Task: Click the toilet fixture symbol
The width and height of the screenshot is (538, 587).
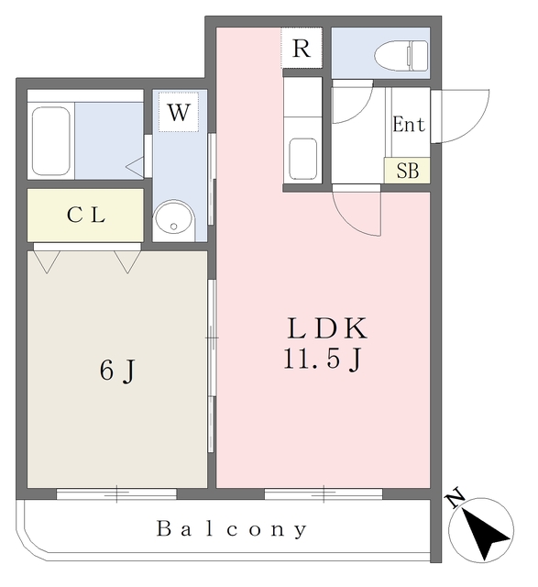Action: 401,56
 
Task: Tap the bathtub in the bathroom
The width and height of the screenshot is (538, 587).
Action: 51,140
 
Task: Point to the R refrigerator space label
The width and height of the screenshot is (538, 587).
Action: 302,49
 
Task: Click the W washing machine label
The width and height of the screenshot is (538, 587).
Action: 179,112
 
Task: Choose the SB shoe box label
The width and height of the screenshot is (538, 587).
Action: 408,172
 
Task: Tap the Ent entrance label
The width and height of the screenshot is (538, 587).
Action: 409,125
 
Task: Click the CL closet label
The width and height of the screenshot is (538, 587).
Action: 86,216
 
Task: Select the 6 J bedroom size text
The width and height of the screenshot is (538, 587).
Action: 117,371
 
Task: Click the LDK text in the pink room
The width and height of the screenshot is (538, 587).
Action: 327,328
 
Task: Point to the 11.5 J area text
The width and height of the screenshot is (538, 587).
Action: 323,359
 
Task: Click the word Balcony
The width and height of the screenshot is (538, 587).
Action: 232,529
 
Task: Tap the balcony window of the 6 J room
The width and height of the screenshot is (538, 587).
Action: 116,493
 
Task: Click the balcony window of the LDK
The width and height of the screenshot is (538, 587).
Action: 324,493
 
